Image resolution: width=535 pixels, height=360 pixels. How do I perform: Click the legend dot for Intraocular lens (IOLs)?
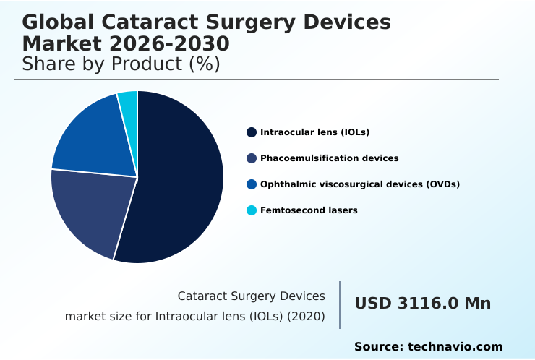click(251, 132)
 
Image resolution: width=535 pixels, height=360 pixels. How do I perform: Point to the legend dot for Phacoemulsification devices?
click(251, 158)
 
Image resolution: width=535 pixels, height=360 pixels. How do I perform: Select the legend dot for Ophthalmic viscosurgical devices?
click(251, 184)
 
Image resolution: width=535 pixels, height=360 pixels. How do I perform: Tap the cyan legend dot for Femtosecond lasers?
click(251, 210)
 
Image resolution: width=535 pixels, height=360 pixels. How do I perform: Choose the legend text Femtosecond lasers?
click(309, 210)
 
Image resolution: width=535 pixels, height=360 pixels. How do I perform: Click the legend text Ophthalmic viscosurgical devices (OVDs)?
click(360, 184)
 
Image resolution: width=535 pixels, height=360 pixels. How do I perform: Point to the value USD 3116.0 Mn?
click(422, 304)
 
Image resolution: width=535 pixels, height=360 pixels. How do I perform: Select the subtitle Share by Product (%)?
click(121, 64)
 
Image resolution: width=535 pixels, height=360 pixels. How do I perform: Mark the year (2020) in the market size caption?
click(309, 317)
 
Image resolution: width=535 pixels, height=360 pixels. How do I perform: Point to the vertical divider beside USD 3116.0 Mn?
click(340, 305)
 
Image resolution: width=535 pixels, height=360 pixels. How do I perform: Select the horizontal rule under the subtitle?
click(257, 80)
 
